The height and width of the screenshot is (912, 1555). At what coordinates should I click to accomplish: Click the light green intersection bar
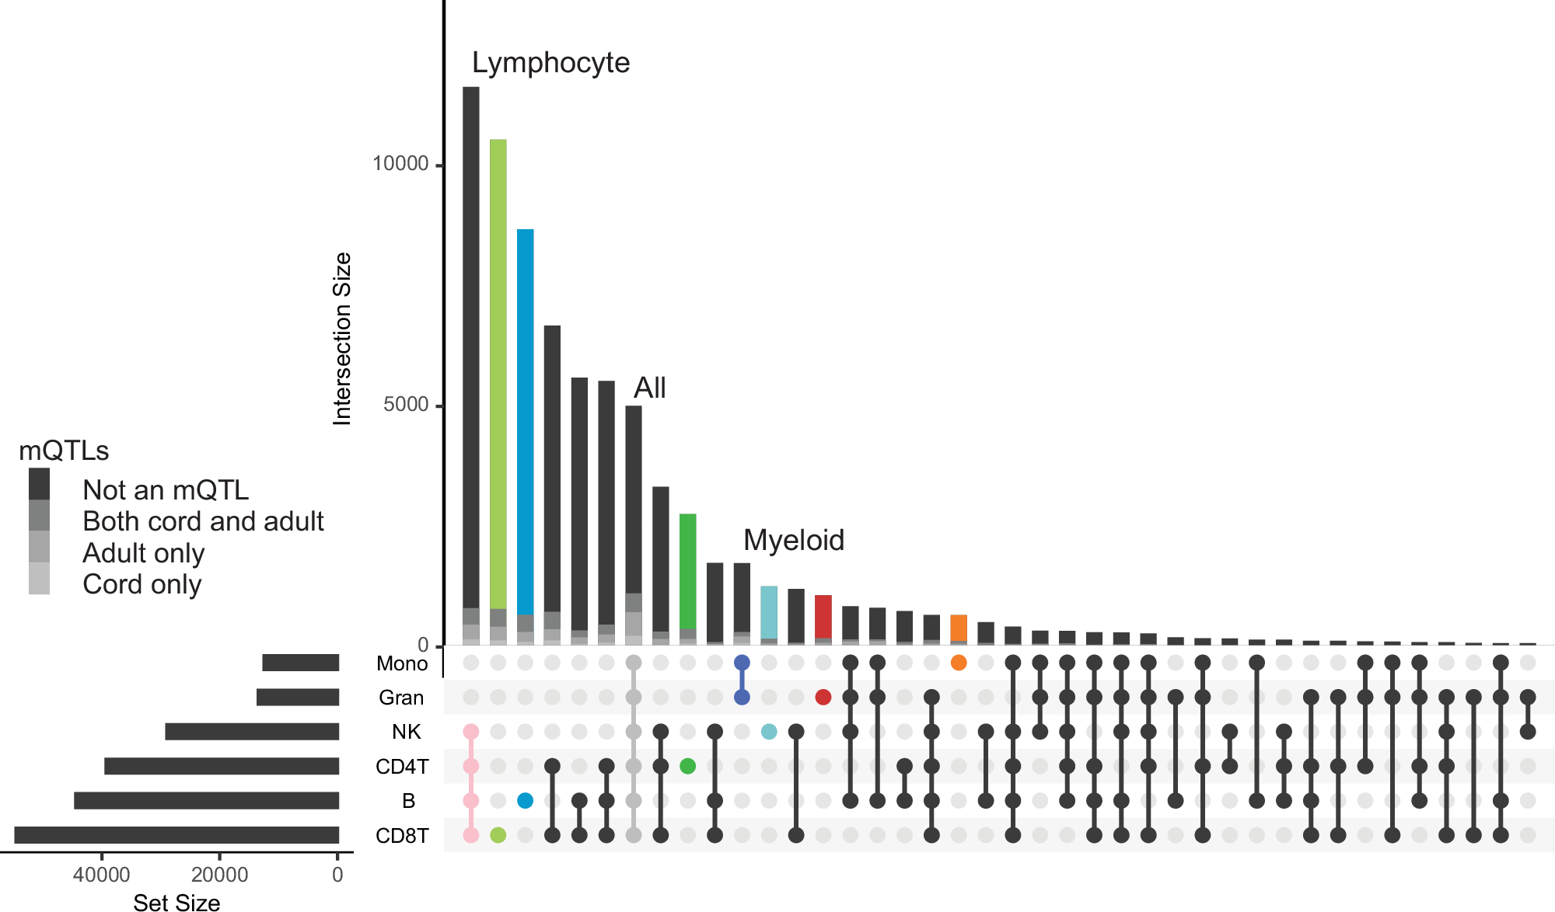pyautogui.click(x=498, y=373)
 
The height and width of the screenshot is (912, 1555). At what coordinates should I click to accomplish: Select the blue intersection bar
pyautogui.click(x=525, y=419)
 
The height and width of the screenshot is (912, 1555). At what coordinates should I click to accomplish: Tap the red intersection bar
pyautogui.click(x=823, y=616)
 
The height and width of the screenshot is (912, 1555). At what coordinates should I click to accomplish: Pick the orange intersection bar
pyautogui.click(x=959, y=628)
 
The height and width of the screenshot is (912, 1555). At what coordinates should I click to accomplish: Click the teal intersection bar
pyautogui.click(x=769, y=611)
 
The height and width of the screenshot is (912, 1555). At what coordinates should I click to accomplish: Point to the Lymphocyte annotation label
pyautogui.click(x=550, y=63)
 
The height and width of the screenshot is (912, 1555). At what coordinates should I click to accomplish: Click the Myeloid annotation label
pyautogui.click(x=793, y=540)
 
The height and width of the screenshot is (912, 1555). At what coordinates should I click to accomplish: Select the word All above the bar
pyautogui.click(x=649, y=388)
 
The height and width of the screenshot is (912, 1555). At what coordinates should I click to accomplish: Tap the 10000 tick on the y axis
pyautogui.click(x=400, y=164)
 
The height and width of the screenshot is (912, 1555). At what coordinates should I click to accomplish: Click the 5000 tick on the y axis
pyautogui.click(x=406, y=405)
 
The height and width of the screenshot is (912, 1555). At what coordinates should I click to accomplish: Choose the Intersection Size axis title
pyautogui.click(x=342, y=339)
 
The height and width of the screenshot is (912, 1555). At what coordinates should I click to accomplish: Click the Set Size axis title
pyautogui.click(x=176, y=902)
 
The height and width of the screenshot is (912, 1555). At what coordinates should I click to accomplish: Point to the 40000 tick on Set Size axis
pyautogui.click(x=101, y=875)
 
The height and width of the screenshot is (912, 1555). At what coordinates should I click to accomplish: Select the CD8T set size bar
pyautogui.click(x=176, y=835)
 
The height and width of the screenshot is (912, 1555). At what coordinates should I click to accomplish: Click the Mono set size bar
pyautogui.click(x=300, y=663)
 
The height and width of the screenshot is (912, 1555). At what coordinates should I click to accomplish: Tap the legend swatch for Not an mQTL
pyautogui.click(x=39, y=484)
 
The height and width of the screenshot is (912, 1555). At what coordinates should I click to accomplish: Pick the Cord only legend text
pyautogui.click(x=142, y=584)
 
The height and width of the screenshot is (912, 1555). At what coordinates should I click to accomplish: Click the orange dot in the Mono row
pyautogui.click(x=959, y=663)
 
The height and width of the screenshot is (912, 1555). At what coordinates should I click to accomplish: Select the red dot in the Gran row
pyautogui.click(x=823, y=697)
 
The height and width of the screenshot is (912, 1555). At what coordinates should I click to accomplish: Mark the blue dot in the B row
pyautogui.click(x=525, y=800)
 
